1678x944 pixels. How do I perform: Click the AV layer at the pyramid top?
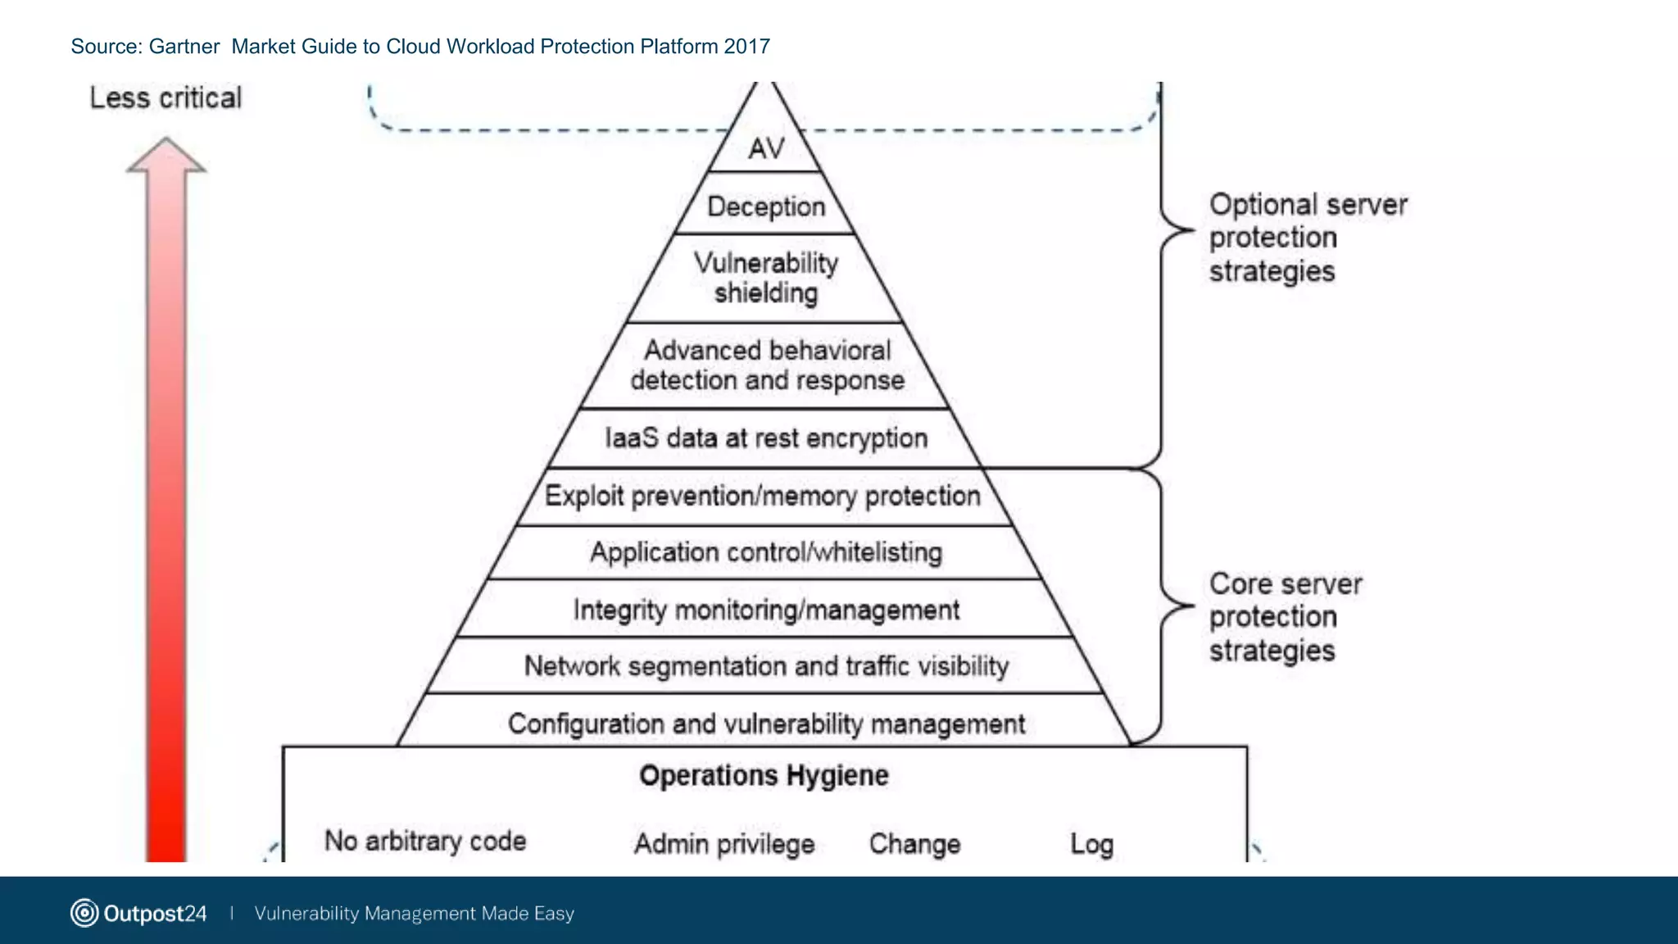click(x=766, y=148)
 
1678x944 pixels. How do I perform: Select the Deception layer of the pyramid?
click(x=766, y=206)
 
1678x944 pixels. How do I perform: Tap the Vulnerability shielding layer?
click(x=766, y=278)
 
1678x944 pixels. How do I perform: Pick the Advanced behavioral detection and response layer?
click(x=767, y=365)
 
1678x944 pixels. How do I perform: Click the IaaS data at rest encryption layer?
click(x=766, y=438)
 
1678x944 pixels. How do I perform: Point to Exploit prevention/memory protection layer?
click(x=763, y=497)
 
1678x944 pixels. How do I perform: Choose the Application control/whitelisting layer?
click(x=766, y=553)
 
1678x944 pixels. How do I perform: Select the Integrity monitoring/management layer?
click(x=766, y=610)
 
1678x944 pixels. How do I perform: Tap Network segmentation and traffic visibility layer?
click(x=766, y=666)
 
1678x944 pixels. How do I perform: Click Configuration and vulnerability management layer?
click(x=766, y=724)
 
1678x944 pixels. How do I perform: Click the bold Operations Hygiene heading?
click(x=764, y=775)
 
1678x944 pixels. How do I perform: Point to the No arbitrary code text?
click(x=425, y=841)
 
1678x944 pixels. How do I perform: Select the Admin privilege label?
click(x=724, y=844)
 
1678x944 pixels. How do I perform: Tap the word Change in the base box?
click(x=914, y=844)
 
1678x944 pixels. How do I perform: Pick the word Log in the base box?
click(x=1091, y=844)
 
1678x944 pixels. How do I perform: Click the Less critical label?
click(x=166, y=98)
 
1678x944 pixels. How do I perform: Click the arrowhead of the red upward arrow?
click(x=166, y=156)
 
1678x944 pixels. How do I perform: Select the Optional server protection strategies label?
click(x=1308, y=238)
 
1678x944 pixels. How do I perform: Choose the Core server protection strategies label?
click(x=1285, y=617)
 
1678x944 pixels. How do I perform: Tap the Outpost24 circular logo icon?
click(x=84, y=913)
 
